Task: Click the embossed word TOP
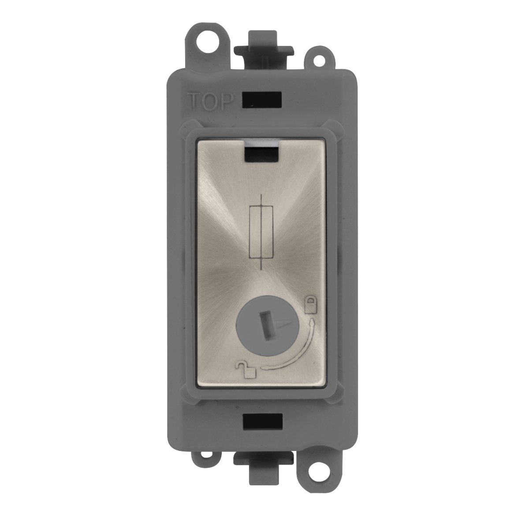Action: (x=210, y=101)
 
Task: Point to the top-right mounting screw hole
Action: (x=319, y=60)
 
